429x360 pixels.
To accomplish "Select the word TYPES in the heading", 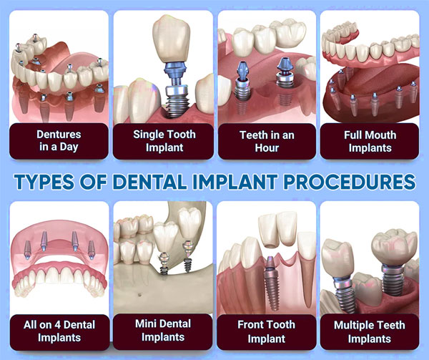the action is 44,182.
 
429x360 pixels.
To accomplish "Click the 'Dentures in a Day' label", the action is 59,141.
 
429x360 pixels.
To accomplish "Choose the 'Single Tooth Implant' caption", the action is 164,141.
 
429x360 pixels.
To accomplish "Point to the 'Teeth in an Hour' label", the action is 267,141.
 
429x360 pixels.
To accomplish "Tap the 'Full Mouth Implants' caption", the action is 370,141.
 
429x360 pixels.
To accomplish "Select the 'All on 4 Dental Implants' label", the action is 59,331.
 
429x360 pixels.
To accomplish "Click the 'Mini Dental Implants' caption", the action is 163,331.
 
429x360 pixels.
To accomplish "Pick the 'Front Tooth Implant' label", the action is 266,331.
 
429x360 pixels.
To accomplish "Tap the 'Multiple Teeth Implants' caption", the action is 370,332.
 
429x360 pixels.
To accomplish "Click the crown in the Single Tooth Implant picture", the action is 172,39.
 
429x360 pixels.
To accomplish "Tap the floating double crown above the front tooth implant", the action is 277,230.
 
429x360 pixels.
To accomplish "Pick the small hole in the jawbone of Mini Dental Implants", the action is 139,295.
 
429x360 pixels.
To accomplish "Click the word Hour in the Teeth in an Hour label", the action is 267,148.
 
